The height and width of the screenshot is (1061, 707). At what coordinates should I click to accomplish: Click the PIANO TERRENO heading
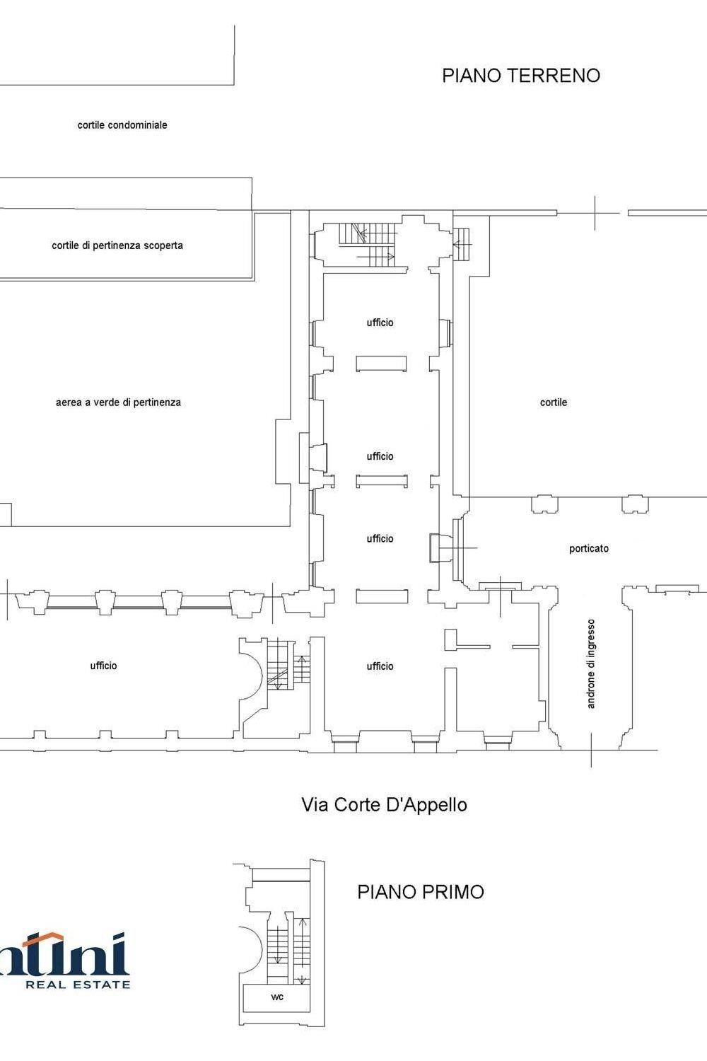[x=521, y=76]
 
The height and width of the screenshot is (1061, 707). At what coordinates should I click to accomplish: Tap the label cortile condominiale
[x=122, y=125]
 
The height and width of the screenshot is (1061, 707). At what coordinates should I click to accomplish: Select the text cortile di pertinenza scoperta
[x=117, y=245]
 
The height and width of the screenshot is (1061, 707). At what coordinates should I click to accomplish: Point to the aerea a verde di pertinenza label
[x=118, y=402]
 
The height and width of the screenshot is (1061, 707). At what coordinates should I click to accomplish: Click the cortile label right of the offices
[x=554, y=402]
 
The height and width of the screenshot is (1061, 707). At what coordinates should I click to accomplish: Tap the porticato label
[x=589, y=548]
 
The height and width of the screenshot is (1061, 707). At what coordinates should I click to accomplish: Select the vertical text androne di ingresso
[x=592, y=663]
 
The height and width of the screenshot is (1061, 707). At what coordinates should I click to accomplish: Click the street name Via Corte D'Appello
[x=384, y=805]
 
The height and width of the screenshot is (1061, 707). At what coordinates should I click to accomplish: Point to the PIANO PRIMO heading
[x=421, y=892]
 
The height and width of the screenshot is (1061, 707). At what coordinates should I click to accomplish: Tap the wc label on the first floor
[x=277, y=997]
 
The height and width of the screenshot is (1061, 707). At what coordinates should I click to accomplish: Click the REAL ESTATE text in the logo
[x=78, y=984]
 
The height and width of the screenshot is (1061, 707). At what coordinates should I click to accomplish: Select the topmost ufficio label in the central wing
[x=380, y=323]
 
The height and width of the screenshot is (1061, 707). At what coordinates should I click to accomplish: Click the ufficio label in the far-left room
[x=103, y=666]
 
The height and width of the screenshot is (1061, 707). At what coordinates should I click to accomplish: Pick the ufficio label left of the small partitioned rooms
[x=380, y=666]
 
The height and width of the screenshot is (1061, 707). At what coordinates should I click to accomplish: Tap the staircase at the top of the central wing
[x=368, y=244]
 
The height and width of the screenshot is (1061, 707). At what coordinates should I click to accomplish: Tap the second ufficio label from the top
[x=380, y=456]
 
